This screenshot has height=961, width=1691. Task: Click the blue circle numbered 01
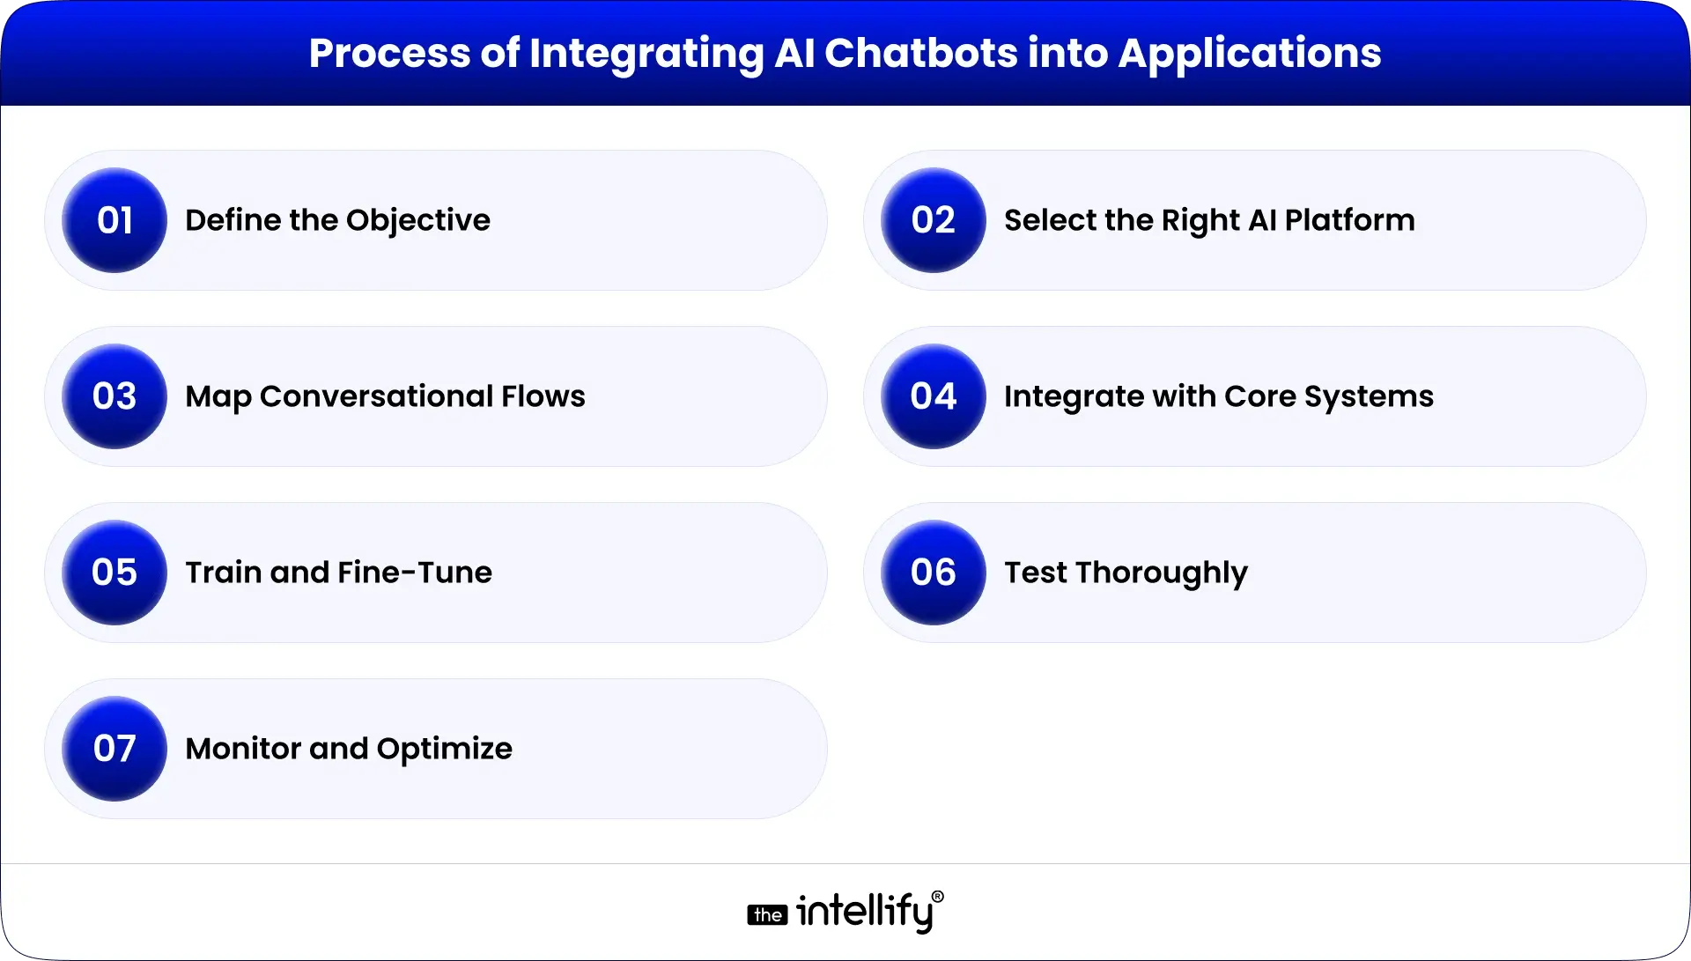tap(114, 220)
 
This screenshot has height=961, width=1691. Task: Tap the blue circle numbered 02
tap(934, 220)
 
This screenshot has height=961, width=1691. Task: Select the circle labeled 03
tap(114, 396)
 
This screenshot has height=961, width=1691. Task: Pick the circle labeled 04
tap(934, 396)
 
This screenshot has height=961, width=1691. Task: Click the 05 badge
tap(114, 573)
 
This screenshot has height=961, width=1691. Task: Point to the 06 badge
tap(934, 573)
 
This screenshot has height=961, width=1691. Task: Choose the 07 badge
tap(114, 749)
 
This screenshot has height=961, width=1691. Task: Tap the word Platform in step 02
tap(1349, 220)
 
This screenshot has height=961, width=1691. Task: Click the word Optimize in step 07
tap(444, 749)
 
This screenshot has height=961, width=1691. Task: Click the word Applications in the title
tap(1250, 53)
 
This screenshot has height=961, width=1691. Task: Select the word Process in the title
tap(389, 53)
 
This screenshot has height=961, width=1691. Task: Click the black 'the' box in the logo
tap(767, 915)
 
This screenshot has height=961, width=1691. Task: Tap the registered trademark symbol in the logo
tap(937, 897)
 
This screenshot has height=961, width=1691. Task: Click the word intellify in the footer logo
tap(864, 911)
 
